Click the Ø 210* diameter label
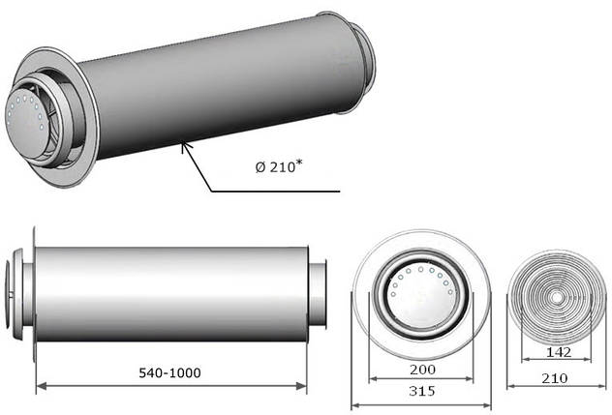pos(279,167)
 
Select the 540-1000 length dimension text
pos(169,372)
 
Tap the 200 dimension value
pos(422,369)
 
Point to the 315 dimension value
pos(422,391)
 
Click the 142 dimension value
pos(559,352)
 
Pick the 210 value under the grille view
pos(555,377)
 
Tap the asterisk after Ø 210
pos(299,163)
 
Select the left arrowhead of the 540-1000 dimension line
pos(41,386)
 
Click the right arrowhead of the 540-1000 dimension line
pos(301,386)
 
